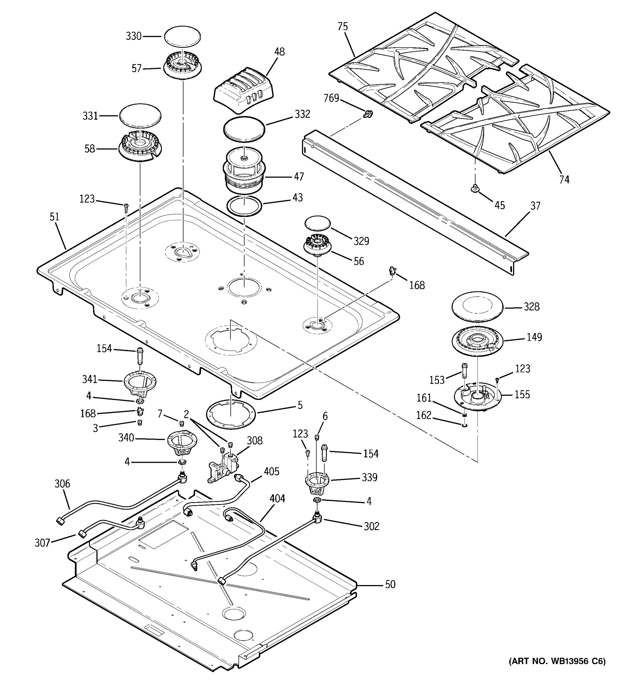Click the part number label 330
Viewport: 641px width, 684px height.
coord(133,36)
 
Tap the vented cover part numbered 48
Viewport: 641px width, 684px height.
coord(244,90)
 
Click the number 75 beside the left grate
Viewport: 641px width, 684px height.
coord(342,27)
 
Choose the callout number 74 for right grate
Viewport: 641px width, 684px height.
coord(564,180)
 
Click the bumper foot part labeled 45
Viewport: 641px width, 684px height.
coord(475,188)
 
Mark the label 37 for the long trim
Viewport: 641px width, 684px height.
coord(535,206)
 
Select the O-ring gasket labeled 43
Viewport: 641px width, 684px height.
coord(244,206)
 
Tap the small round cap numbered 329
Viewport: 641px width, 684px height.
coord(317,224)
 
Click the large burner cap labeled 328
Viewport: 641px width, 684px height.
coord(477,307)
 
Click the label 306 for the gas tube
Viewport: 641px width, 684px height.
coord(62,484)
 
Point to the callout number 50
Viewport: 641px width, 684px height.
coord(390,584)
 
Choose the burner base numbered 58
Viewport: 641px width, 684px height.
coord(140,148)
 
